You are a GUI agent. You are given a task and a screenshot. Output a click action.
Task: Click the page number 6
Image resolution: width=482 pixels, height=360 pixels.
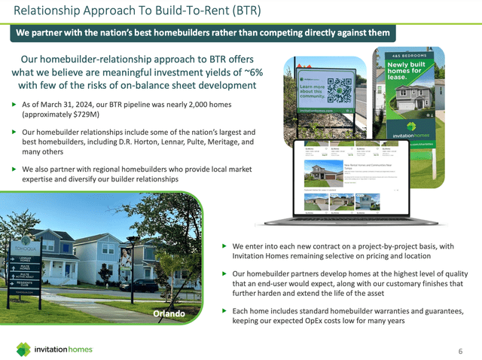click(x=460, y=351)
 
